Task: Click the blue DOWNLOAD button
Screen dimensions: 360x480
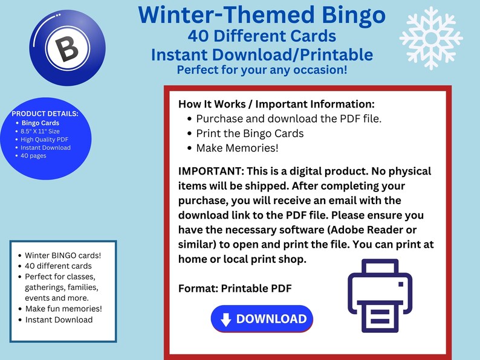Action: pyautogui.click(x=262, y=319)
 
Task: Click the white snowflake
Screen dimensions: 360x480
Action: pyautogui.click(x=430, y=37)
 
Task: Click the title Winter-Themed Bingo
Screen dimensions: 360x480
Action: pyautogui.click(x=261, y=14)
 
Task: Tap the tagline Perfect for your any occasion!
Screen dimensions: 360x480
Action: pyautogui.click(x=262, y=69)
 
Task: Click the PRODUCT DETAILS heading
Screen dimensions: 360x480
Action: pyautogui.click(x=45, y=114)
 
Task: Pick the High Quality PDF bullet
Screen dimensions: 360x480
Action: pyautogui.click(x=45, y=139)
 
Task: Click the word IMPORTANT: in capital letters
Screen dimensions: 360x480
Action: pyautogui.click(x=208, y=172)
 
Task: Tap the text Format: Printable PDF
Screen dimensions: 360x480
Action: pyautogui.click(x=235, y=288)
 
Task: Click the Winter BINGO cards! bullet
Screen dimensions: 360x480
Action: pyautogui.click(x=62, y=255)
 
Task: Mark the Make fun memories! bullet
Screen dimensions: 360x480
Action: pyautogui.click(x=63, y=309)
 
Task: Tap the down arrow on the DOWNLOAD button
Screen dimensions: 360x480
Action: pyautogui.click(x=226, y=320)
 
